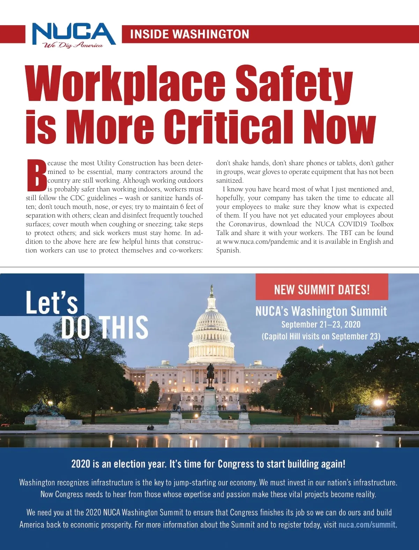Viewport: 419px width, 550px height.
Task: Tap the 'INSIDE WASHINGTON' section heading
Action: click(189, 34)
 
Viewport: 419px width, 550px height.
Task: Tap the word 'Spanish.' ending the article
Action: click(228, 250)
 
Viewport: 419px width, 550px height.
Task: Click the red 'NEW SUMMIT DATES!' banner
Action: click(322, 289)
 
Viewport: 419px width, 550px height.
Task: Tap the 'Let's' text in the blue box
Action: click(51, 302)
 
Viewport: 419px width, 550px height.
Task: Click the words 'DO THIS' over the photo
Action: click(104, 327)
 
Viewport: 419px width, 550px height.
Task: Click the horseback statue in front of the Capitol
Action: click(210, 375)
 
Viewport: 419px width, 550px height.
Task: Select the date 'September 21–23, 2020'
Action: click(321, 324)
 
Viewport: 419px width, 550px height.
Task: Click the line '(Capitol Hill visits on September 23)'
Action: click(321, 336)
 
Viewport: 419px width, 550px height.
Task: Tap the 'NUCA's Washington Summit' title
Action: click(321, 311)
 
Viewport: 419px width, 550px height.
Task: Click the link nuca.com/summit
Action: click(367, 525)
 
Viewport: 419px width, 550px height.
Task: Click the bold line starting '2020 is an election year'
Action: click(208, 464)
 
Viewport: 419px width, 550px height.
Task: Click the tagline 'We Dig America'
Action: click(73, 45)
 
